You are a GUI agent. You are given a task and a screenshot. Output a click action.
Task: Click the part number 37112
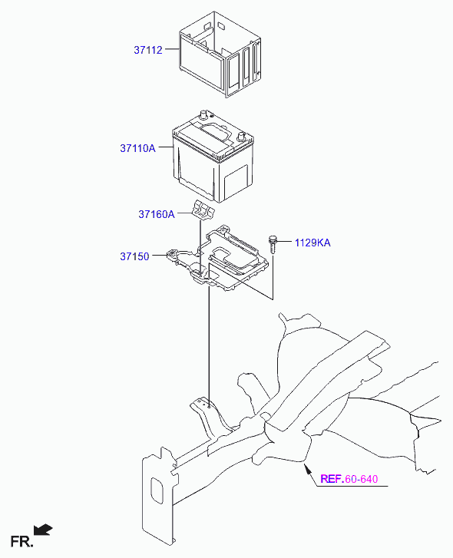click(148, 50)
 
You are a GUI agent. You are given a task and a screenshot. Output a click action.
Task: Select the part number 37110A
click(137, 148)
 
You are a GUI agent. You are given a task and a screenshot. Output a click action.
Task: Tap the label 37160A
click(157, 214)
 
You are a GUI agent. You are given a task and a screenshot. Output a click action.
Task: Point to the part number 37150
click(134, 256)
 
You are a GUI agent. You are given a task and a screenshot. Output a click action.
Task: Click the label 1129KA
click(312, 243)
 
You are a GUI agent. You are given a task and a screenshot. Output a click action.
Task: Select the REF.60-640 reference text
click(349, 479)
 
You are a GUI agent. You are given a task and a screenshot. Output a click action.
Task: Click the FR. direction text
click(21, 542)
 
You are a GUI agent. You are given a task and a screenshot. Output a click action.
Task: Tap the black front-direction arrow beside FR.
click(43, 530)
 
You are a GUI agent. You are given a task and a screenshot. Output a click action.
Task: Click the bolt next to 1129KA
click(273, 243)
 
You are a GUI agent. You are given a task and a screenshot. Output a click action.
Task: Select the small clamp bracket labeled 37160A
click(203, 210)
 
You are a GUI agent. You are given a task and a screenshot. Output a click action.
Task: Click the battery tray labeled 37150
click(218, 259)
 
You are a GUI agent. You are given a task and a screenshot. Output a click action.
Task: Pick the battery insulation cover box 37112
click(220, 54)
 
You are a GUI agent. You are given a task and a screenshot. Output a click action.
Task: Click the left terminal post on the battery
click(204, 114)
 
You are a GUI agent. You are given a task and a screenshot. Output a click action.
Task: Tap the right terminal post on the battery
click(241, 137)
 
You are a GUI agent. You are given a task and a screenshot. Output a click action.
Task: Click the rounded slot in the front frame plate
click(157, 491)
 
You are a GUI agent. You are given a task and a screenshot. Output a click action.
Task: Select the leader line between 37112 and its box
click(172, 49)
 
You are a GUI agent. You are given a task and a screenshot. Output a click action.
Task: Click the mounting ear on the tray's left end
click(172, 255)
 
